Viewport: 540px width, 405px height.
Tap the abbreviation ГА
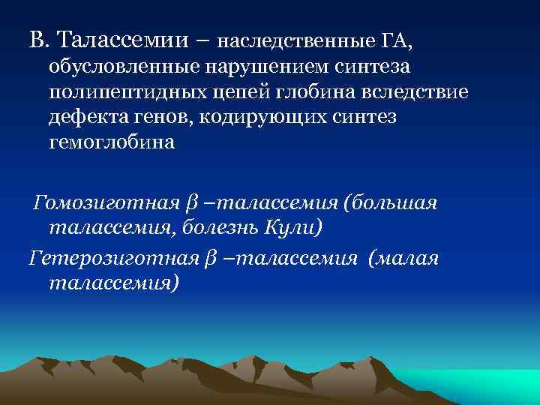click(397, 39)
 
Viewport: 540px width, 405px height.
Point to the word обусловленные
click(122, 67)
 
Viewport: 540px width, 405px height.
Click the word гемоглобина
click(111, 143)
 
